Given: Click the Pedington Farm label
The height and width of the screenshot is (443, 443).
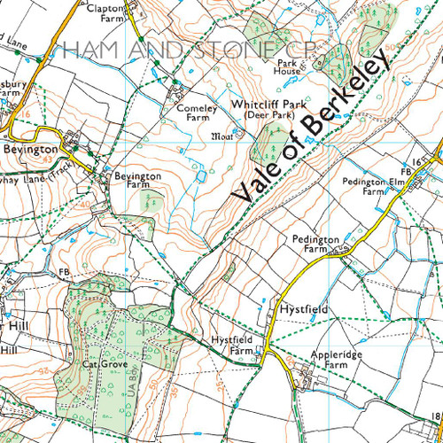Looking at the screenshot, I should pyautogui.click(x=310, y=245).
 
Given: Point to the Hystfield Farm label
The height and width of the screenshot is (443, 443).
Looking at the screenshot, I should pyautogui.click(x=231, y=345).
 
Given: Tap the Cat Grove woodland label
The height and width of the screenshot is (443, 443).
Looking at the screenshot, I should pyautogui.click(x=99, y=363).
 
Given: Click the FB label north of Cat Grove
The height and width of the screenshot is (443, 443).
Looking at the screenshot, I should pyautogui.click(x=64, y=272).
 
